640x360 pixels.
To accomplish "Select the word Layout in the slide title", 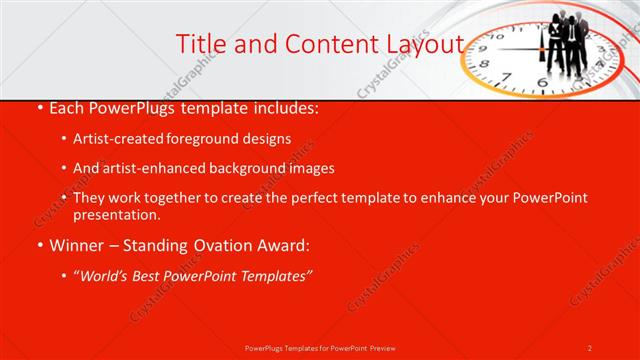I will pos(424,43).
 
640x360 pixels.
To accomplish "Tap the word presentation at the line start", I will pos(116,214).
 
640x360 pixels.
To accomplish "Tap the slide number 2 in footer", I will pos(590,347).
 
